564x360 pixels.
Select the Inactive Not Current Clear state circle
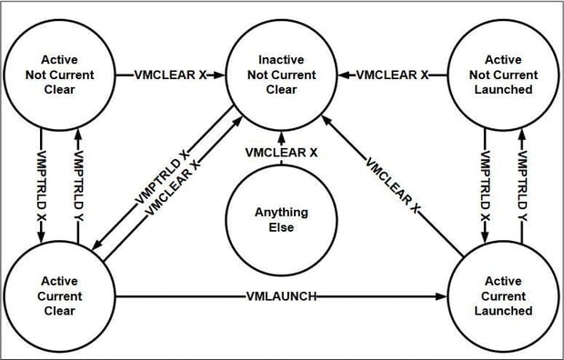coord(281,74)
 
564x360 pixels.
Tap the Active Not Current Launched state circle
coord(503,74)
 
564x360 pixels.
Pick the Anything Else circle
coord(281,220)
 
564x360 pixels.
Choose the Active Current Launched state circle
coord(503,295)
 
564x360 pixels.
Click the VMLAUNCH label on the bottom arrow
coord(281,296)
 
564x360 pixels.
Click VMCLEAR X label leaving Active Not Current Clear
coord(170,75)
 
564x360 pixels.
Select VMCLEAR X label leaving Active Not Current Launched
coord(392,75)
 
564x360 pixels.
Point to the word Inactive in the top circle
coord(281,60)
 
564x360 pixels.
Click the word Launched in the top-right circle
coord(503,89)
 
